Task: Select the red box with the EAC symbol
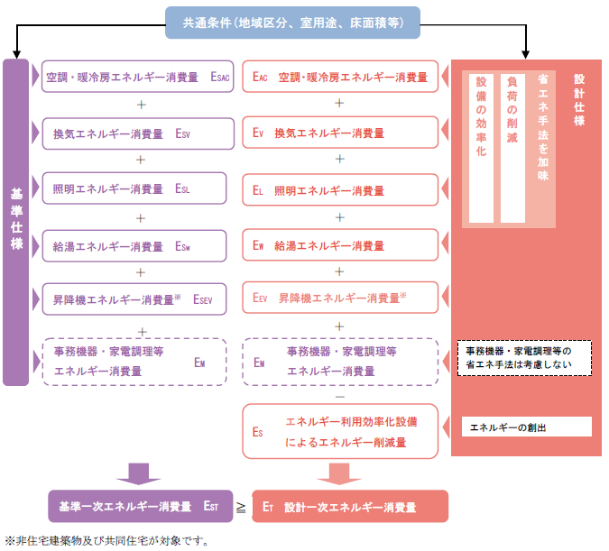[x=340, y=78]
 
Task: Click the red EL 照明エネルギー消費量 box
[x=340, y=190]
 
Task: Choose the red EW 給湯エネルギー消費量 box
[x=340, y=245]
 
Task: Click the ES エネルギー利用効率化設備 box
[x=340, y=431]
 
